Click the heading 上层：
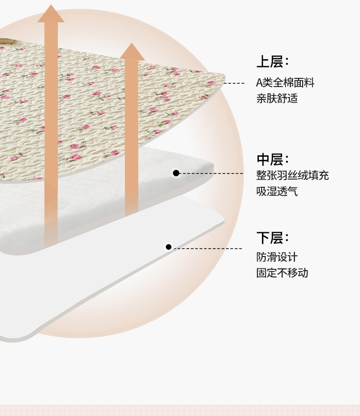coord(273,62)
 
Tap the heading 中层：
coord(273,160)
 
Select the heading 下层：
coord(273,238)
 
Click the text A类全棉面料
coord(285,83)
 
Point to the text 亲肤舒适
coord(277,98)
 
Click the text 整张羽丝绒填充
coord(293,175)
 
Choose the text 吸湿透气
coord(277,191)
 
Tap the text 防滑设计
coord(277,257)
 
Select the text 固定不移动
coord(282,273)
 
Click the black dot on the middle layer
coord(176,173)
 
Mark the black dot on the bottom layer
coord(169,247)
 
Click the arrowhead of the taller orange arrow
coord(51,14)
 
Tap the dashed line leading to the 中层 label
coord(211,174)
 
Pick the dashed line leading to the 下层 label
coord(208,248)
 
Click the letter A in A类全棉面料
coord(259,83)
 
